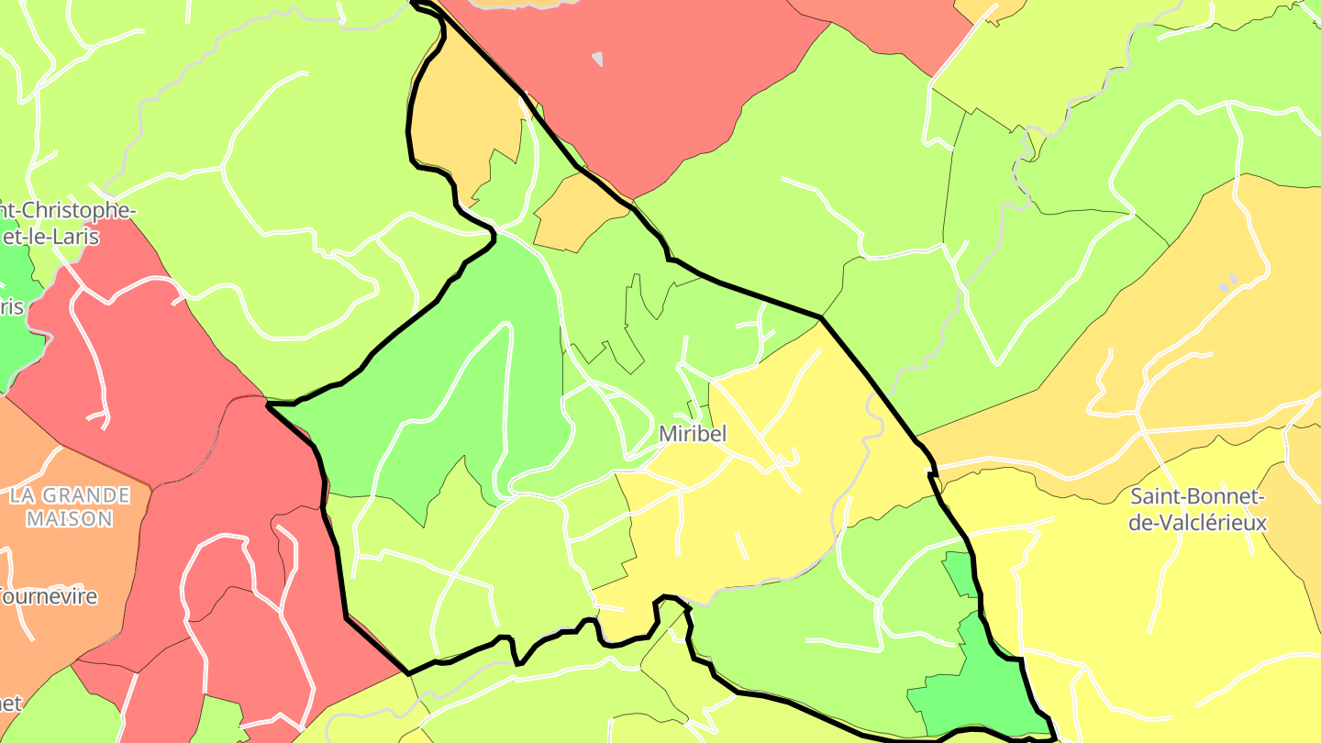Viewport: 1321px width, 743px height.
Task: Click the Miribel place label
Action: click(x=692, y=434)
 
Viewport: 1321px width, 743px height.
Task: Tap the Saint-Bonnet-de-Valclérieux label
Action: click(x=1197, y=510)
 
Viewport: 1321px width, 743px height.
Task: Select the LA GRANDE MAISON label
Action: click(x=70, y=507)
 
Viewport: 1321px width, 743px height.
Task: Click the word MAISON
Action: click(x=70, y=519)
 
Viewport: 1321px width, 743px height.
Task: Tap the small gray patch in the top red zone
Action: click(x=597, y=59)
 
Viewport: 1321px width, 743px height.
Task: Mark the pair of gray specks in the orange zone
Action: click(x=1227, y=281)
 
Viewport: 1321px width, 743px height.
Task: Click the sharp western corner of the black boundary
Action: click(x=268, y=404)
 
